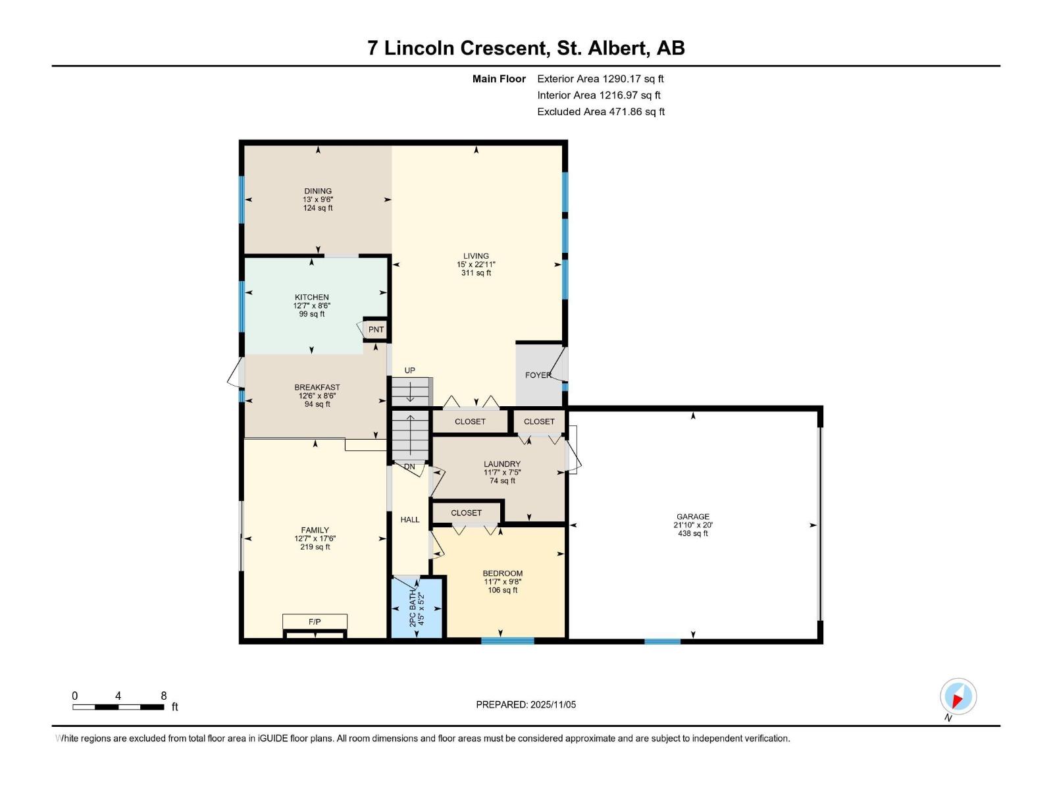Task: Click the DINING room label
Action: [x=318, y=191]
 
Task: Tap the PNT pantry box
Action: [x=376, y=329]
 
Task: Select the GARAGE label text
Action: [x=693, y=517]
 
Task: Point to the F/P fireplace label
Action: [x=315, y=621]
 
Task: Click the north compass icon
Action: [x=958, y=697]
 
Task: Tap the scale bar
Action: [x=118, y=707]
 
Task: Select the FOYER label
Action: [x=538, y=375]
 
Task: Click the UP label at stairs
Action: [x=409, y=371]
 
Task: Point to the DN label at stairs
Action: [x=409, y=467]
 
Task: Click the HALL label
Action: [x=410, y=519]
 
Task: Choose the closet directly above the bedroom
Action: [x=466, y=512]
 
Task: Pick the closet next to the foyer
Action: [x=539, y=421]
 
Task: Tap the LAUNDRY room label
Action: [x=502, y=464]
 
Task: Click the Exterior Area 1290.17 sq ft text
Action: [x=600, y=78]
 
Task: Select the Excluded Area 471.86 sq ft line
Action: [x=601, y=111]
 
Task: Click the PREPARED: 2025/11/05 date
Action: [x=526, y=704]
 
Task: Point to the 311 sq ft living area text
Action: [x=476, y=273]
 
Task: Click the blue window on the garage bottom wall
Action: [x=662, y=641]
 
